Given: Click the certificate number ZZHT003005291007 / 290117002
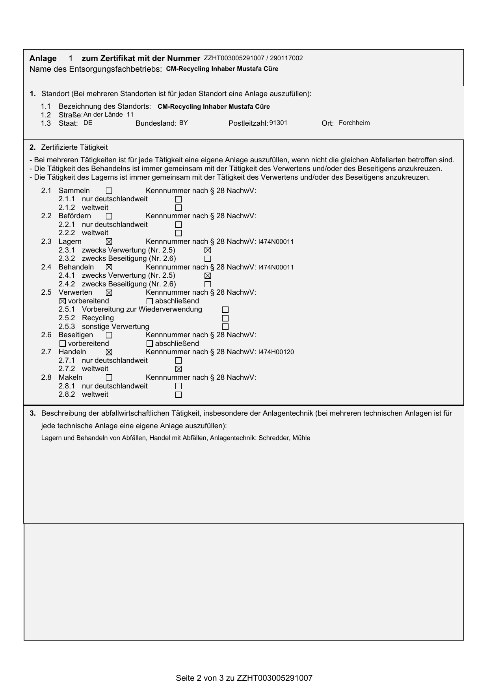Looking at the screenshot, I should (x=253, y=58).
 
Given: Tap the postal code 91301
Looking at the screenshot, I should (x=278, y=123).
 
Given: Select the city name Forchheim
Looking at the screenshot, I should (x=354, y=123).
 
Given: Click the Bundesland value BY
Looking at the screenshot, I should (x=183, y=123).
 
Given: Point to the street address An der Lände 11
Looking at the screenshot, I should (x=108, y=115).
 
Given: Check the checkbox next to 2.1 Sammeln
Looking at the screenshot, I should (x=109, y=191).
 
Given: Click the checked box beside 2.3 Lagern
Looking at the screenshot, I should (x=109, y=242).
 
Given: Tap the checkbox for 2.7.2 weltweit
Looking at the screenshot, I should (x=178, y=369).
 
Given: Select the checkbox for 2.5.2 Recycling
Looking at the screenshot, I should (x=225, y=318).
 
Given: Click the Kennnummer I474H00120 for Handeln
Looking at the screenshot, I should (x=276, y=352).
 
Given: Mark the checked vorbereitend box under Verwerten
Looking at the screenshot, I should (x=62, y=301).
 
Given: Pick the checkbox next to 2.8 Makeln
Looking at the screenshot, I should (x=109, y=378).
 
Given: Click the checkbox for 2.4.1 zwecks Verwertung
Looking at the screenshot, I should (x=208, y=276).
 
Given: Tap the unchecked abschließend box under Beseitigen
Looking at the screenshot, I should (x=149, y=344).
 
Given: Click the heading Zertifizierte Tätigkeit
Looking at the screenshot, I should (x=74, y=147).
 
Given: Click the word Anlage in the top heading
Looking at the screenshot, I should (x=43, y=58).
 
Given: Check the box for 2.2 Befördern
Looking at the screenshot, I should (x=109, y=216).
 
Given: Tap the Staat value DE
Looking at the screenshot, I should (x=88, y=123).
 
